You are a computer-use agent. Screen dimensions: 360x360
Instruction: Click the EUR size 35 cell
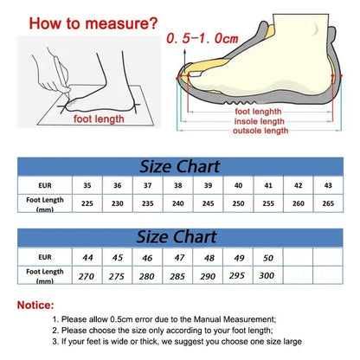pos(87,184)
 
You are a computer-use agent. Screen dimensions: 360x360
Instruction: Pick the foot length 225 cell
pos(87,204)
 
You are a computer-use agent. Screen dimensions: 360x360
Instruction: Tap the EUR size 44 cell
pos(87,257)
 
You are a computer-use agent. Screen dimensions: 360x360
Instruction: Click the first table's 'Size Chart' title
pos(181,164)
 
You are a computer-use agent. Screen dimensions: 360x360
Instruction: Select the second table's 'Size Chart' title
pos(181,236)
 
